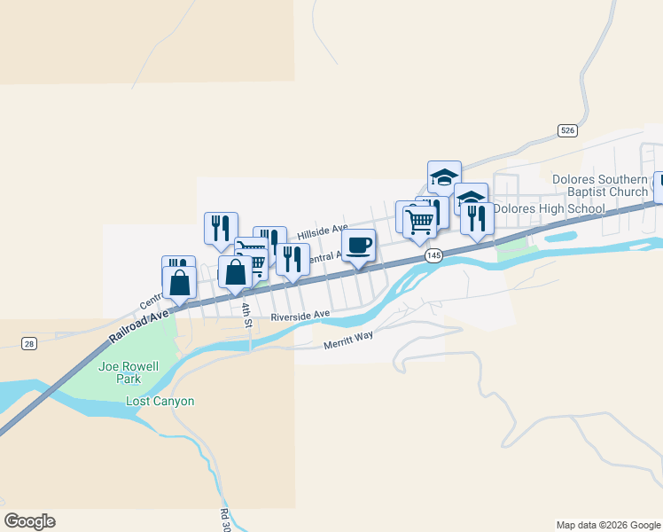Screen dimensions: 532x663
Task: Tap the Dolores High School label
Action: (549, 209)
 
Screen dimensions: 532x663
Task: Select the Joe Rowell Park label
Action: (121, 372)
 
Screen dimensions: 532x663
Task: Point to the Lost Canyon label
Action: (160, 402)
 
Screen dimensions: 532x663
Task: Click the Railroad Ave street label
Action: (139, 326)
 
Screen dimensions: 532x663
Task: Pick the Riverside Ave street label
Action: (300, 315)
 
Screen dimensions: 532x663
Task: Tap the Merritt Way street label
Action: (348, 340)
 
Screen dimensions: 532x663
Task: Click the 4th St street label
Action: (247, 314)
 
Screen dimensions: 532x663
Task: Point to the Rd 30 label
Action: (225, 519)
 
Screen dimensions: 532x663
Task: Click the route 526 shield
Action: (568, 130)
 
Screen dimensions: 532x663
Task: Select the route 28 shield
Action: (29, 344)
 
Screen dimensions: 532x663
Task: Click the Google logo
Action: (29, 521)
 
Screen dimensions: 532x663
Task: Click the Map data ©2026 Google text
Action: (607, 525)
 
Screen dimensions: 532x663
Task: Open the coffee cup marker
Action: (357, 246)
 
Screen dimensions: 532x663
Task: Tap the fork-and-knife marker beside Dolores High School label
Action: (477, 218)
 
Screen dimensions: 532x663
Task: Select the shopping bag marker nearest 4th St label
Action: (235, 272)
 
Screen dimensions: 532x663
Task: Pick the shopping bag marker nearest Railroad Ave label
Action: (179, 283)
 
